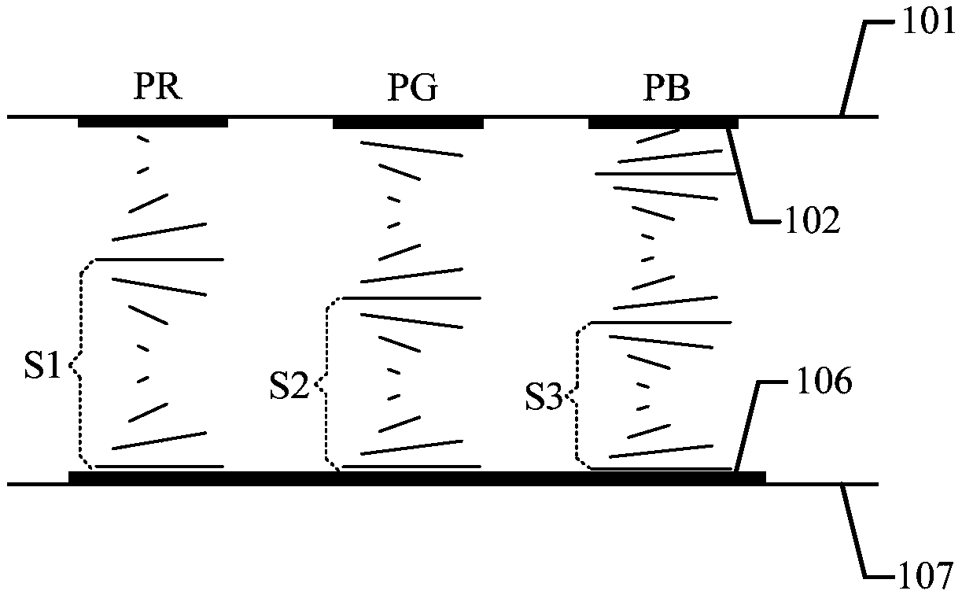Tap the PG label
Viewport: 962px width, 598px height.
412,90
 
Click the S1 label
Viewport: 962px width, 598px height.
45,367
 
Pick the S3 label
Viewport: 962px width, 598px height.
544,400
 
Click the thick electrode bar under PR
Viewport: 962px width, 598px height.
153,123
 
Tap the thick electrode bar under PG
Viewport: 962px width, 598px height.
407,123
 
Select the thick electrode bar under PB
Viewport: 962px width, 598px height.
663,123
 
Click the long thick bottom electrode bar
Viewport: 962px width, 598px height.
417,478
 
